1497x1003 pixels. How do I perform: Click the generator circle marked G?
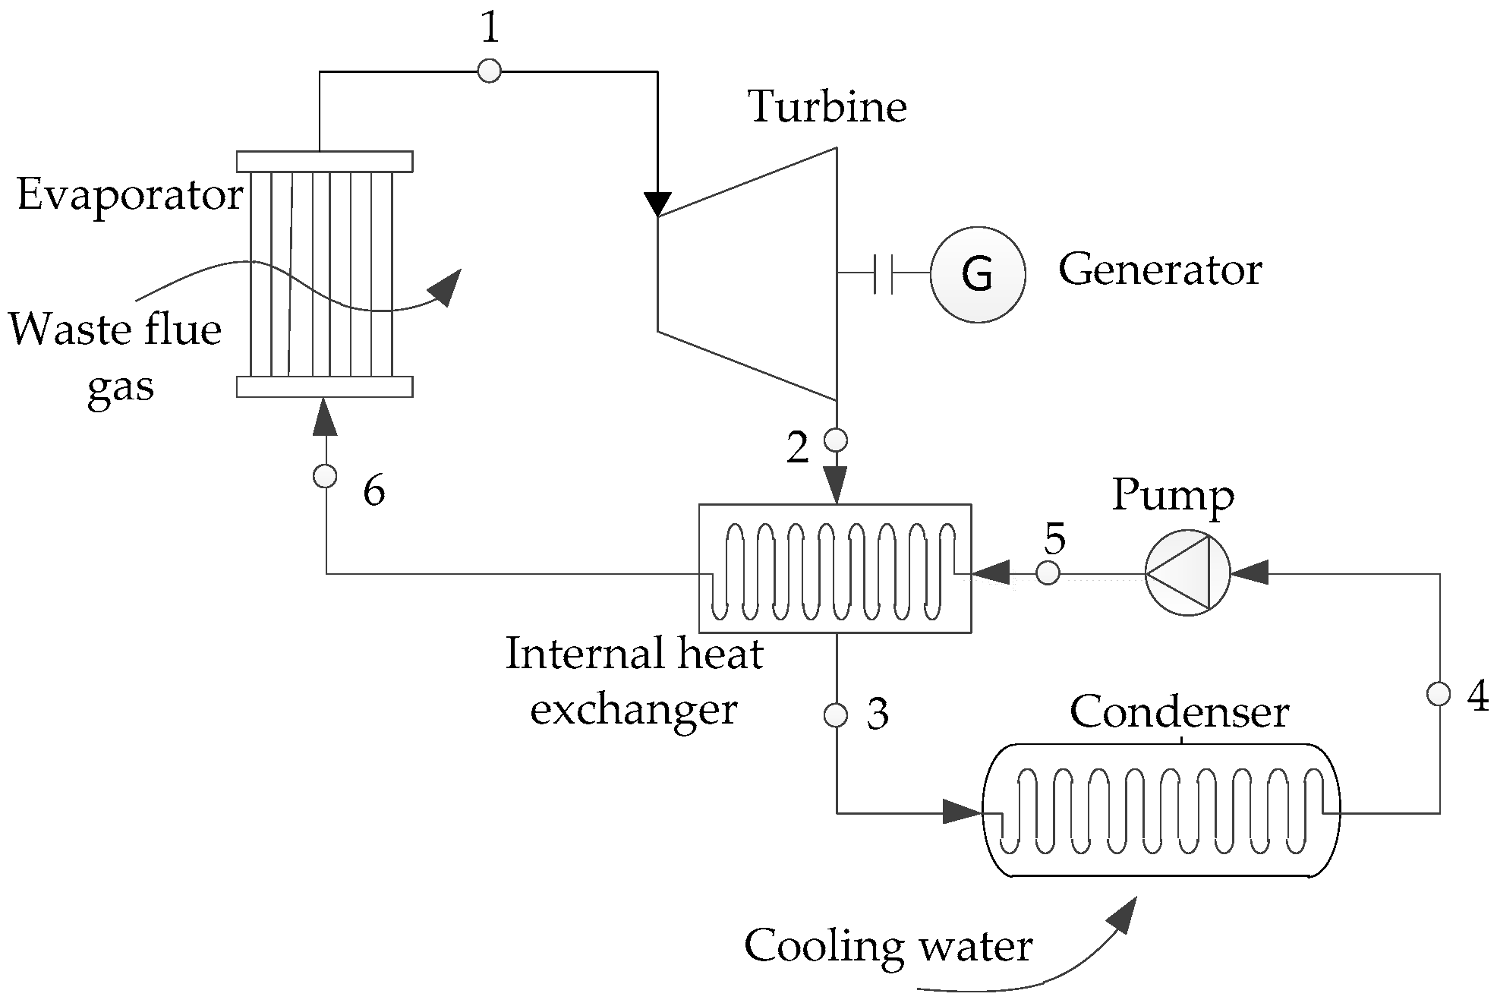pos(978,274)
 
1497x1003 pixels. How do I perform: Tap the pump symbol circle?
pos(1187,573)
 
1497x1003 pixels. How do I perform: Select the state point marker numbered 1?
pos(490,71)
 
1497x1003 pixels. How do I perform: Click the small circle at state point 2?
pos(836,440)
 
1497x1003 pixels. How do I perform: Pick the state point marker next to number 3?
pos(836,715)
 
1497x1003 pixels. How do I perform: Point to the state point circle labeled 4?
pos(1439,694)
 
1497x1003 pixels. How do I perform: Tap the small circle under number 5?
pos(1048,573)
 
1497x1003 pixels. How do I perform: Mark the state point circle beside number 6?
pos(325,476)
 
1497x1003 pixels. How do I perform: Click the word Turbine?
pos(827,106)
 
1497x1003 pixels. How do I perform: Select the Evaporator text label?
pos(130,195)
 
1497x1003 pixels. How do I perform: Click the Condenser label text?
pos(1179,712)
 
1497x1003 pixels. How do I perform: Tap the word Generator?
pos(1160,270)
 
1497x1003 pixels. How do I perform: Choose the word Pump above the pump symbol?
pos(1173,496)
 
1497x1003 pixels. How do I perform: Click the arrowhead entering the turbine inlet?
pos(657,204)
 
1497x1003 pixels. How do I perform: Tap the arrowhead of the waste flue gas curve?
pos(446,288)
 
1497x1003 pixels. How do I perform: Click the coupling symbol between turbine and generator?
pos(883,273)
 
